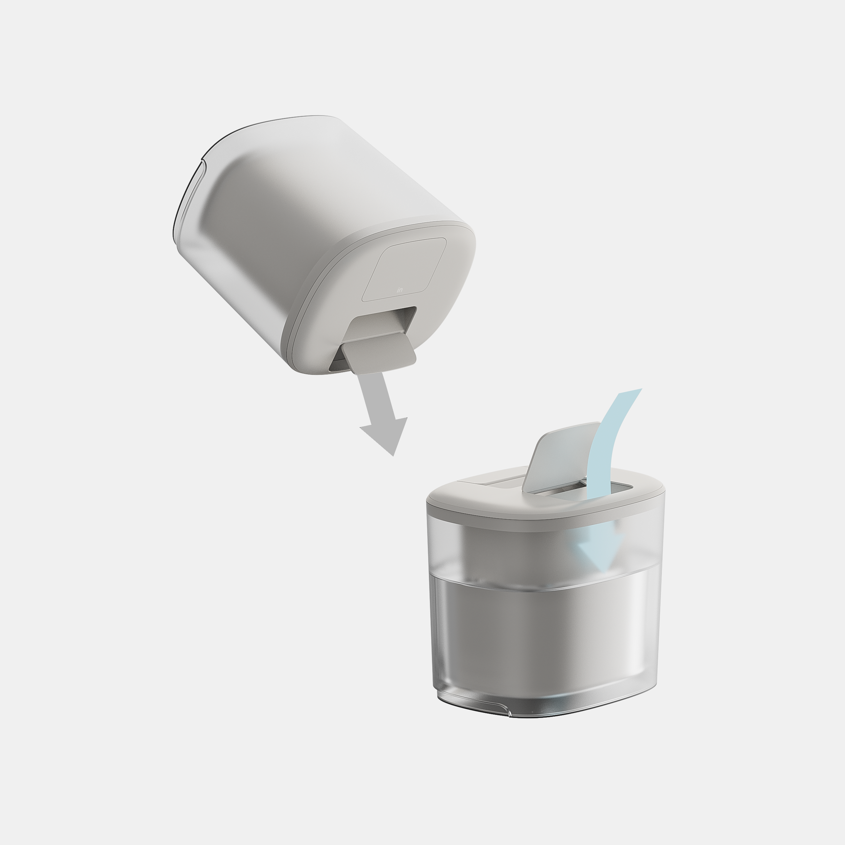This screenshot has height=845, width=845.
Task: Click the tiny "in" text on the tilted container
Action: click(399, 290)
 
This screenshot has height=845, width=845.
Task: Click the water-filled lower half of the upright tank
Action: click(542, 643)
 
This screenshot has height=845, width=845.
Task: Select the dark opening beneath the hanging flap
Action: click(338, 365)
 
